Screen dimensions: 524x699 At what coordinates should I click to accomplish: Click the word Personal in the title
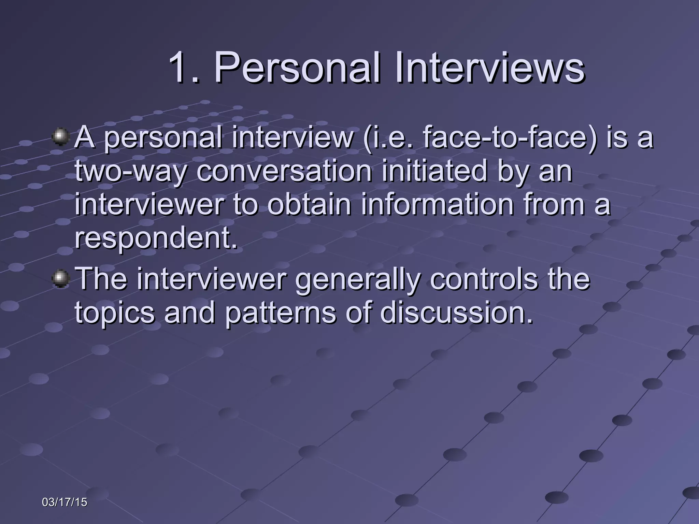(297, 68)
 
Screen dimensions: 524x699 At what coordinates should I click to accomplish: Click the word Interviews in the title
(490, 68)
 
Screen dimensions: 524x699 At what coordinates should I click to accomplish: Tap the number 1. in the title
(184, 68)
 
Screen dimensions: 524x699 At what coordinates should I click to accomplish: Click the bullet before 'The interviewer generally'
(60, 278)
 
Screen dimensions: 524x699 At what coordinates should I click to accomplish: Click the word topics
(115, 313)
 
